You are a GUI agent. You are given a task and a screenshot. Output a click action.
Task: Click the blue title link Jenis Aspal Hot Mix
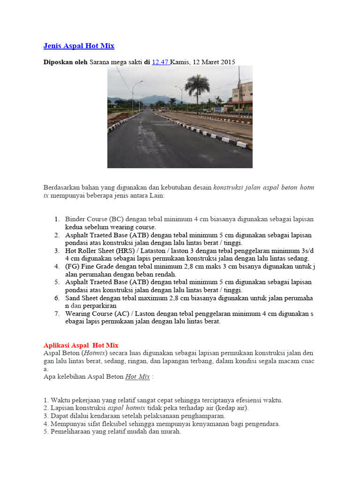click(x=79, y=46)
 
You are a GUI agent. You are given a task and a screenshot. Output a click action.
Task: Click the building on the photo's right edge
click(x=242, y=96)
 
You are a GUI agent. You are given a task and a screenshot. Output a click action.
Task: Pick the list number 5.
click(x=57, y=282)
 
